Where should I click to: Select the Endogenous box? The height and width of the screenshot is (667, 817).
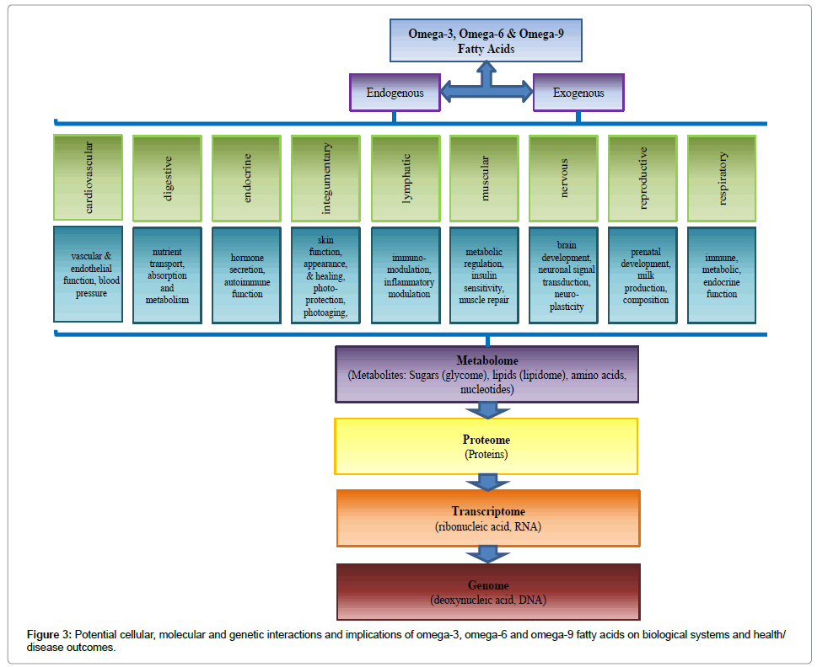[395, 92]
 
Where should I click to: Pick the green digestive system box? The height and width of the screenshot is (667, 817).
[167, 177]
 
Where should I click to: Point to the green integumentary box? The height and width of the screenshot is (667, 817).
[325, 177]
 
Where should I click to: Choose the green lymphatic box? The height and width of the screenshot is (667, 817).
[405, 177]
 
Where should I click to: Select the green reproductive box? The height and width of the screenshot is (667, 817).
[642, 177]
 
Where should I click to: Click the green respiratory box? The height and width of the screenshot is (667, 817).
[722, 177]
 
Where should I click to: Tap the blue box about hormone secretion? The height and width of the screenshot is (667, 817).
[246, 275]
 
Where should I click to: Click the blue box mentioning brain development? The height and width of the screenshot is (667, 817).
[563, 275]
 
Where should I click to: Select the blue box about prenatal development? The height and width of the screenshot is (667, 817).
[642, 275]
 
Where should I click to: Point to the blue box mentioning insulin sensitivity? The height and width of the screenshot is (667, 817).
[484, 275]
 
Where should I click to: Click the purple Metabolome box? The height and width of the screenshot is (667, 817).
[486, 373]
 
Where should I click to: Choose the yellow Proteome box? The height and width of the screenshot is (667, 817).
[486, 446]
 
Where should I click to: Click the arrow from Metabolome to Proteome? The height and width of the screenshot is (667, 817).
[486, 410]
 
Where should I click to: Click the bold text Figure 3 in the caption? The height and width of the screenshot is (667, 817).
[48, 634]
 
